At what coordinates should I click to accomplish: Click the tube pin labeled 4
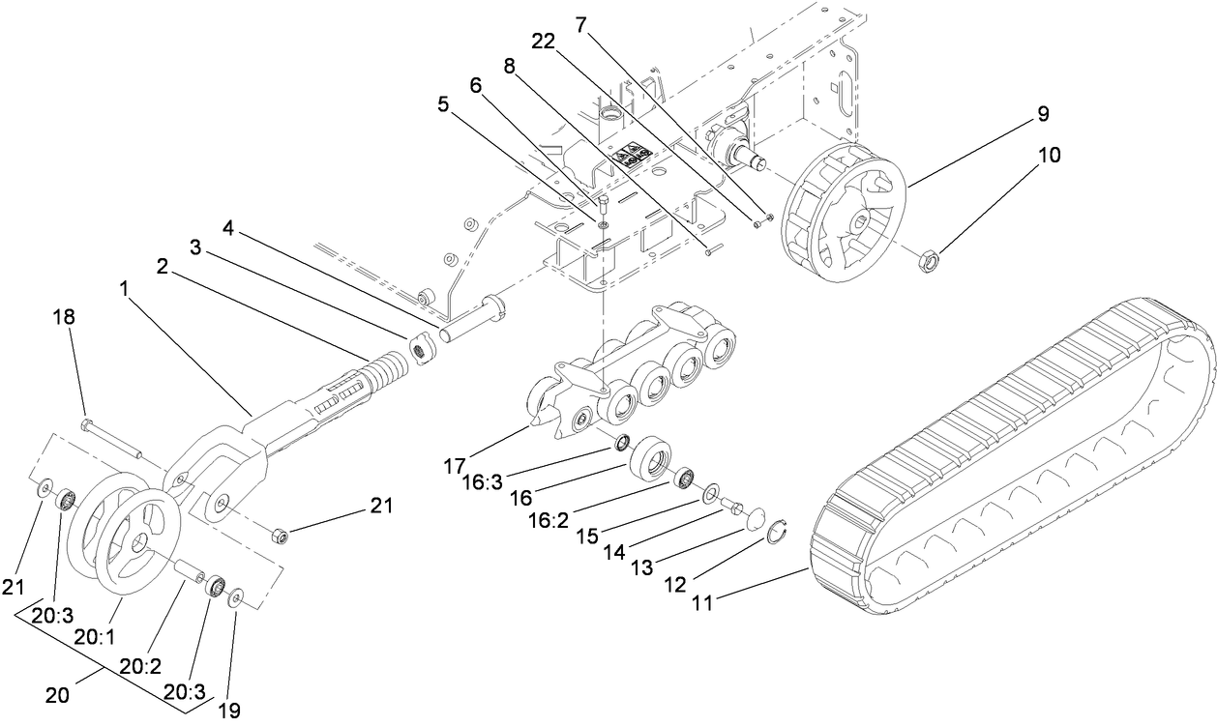click(474, 320)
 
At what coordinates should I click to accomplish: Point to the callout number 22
click(544, 41)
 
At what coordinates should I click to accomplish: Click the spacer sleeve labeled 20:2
click(187, 570)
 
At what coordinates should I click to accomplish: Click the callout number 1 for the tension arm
click(124, 288)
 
